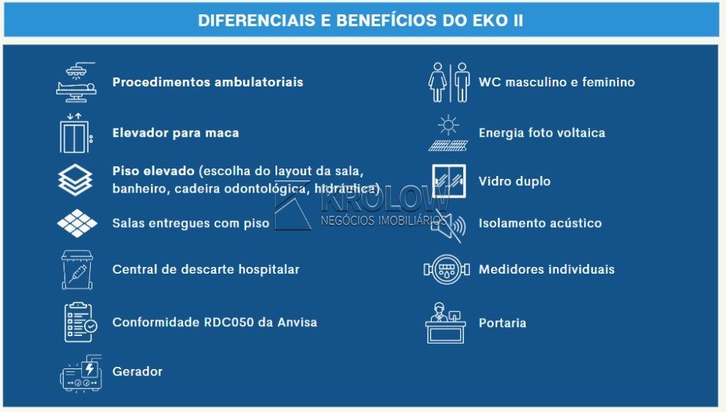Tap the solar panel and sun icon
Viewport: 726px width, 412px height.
(x=447, y=133)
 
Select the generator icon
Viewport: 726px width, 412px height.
(x=81, y=374)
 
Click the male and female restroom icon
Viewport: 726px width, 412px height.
(x=449, y=82)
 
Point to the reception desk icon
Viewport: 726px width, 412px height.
(x=445, y=323)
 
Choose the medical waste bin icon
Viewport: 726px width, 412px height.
(x=77, y=269)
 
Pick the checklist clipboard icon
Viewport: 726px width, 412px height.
(x=80, y=323)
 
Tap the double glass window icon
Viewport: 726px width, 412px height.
(x=449, y=180)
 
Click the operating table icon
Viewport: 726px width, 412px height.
(x=77, y=82)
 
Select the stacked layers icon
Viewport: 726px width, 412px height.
(x=76, y=180)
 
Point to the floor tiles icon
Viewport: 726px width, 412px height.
(x=77, y=223)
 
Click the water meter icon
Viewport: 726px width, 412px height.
(x=447, y=269)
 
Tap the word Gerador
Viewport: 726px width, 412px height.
(x=137, y=371)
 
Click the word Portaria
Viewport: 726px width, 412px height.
(x=502, y=323)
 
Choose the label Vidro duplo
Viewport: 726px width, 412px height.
(x=514, y=181)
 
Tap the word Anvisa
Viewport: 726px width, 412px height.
(x=297, y=322)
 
